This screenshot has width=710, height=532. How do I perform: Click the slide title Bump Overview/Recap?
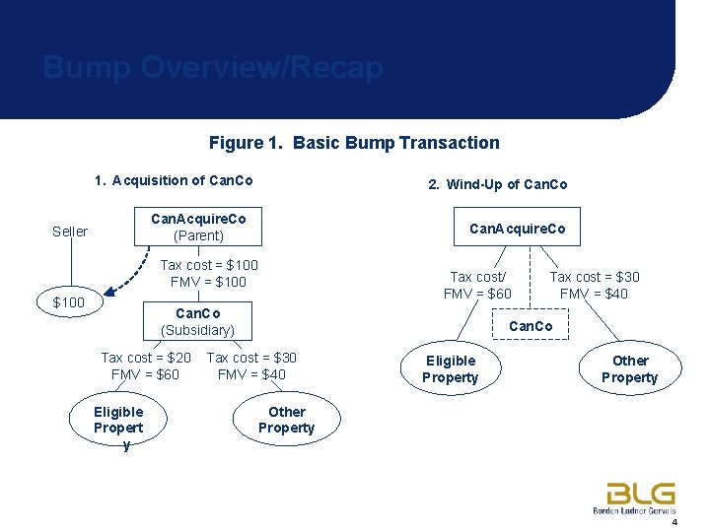tap(213, 68)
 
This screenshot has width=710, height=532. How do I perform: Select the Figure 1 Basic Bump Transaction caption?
tap(354, 143)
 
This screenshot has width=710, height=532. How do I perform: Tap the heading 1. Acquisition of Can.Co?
tap(174, 180)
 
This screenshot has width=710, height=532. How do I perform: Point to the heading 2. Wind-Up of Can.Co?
tap(497, 184)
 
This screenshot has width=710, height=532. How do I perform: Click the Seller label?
tap(70, 232)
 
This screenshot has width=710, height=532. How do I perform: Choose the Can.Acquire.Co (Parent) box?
tap(198, 228)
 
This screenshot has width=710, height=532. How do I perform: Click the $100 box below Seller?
tap(68, 301)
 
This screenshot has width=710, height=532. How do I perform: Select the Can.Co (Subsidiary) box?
tap(198, 322)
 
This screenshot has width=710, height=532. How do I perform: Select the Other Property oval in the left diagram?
tap(287, 420)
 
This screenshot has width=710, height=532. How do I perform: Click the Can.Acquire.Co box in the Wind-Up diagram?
tap(518, 229)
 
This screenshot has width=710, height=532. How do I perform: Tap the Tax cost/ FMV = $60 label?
tap(477, 286)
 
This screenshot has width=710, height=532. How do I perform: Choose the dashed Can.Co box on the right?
tap(531, 325)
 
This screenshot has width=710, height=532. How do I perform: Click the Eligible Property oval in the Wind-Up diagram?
tap(451, 368)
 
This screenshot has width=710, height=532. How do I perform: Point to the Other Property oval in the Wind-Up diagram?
tap(629, 368)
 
